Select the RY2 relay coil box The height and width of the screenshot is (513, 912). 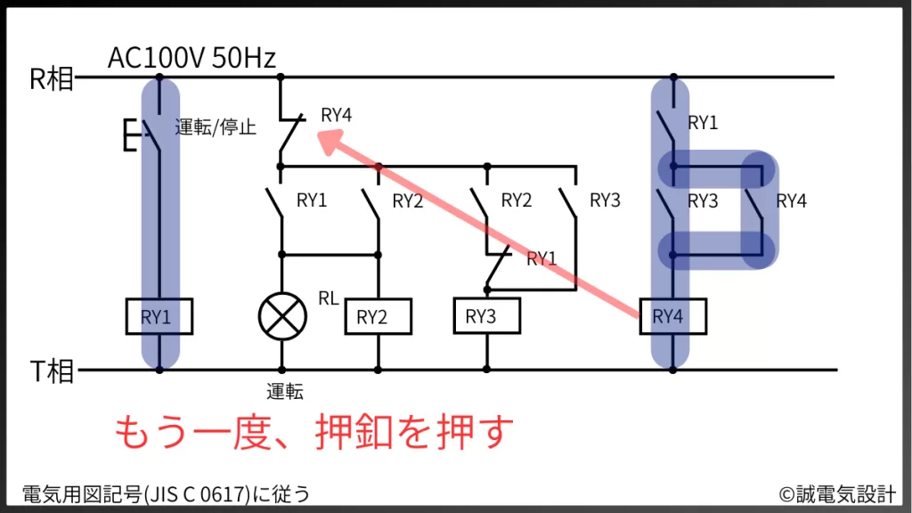pos(378,317)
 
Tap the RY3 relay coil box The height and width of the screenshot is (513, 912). pos(486,316)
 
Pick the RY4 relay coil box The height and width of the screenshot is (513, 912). pos(673,316)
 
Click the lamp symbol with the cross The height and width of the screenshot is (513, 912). pos(281,315)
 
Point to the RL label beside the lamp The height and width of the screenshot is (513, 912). pos(329,298)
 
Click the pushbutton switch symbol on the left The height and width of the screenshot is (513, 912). pos(142,134)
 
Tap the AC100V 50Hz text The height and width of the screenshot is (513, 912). pos(191,59)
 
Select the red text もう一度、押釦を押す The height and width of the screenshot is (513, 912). pos(314,433)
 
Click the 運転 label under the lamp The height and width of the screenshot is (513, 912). pos(285,391)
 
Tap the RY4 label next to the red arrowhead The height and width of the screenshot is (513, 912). pos(337,115)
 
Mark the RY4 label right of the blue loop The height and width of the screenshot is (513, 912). pos(791,201)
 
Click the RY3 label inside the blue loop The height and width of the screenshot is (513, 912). pos(703,201)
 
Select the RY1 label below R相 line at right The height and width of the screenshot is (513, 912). pos(703,123)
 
